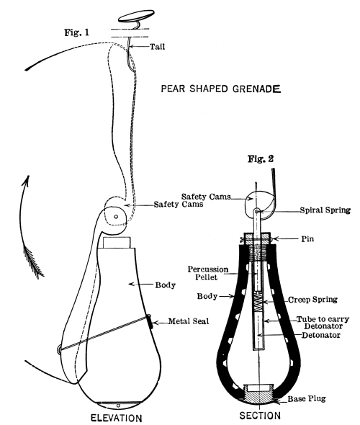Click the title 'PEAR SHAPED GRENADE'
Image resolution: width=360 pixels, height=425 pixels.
pos(221,89)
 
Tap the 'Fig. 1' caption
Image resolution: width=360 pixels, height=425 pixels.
pos(76,32)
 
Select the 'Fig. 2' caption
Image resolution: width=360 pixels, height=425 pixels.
pos(261,158)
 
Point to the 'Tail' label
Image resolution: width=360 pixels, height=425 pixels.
pos(158,47)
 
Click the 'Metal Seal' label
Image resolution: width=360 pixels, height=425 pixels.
pos(189,321)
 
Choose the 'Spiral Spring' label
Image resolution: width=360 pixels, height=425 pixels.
pos(325,210)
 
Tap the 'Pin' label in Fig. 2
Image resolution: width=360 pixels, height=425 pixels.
pos(307,238)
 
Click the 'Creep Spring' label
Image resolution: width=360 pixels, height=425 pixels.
pos(312,300)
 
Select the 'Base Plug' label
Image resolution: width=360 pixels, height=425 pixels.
pos(307,398)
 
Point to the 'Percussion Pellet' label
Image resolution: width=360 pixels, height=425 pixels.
pos(208,273)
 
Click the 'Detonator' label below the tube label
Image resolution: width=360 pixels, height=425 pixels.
pos(321,335)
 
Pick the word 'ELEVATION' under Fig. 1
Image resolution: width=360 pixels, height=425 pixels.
pos(116,418)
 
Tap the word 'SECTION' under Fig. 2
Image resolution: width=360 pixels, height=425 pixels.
pos(260,416)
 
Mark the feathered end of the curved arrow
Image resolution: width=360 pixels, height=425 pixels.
pos(34,262)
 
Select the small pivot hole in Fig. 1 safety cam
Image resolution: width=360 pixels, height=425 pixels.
pos(116,217)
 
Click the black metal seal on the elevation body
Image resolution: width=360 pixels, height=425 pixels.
pos(150,321)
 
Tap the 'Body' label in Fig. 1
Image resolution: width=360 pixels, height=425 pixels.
pos(165,285)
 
